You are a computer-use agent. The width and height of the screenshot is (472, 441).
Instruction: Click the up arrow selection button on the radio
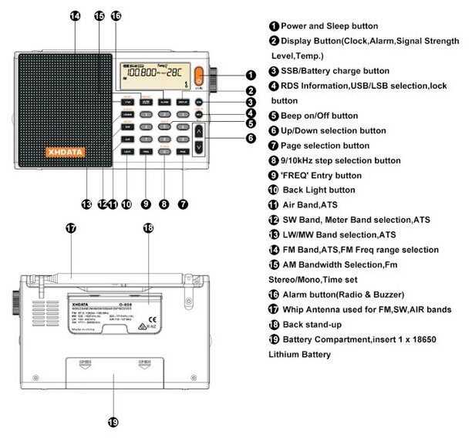tap(199, 131)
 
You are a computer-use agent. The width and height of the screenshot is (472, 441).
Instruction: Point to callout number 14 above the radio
tap(75, 15)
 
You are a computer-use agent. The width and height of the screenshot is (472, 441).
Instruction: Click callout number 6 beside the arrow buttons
tap(251, 138)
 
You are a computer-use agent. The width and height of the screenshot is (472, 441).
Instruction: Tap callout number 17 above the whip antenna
tap(71, 228)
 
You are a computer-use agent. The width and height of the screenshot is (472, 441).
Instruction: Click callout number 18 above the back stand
tap(148, 228)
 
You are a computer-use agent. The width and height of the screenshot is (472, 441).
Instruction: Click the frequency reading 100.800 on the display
tap(145, 74)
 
